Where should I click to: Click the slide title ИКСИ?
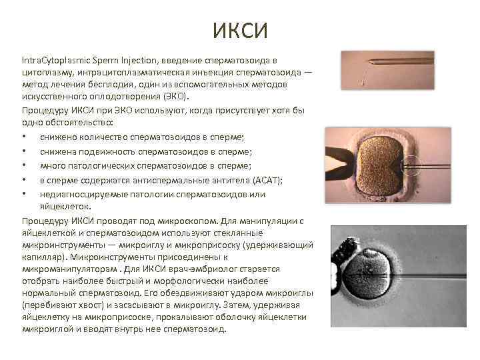point(240,30)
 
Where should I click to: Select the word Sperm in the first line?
point(106,61)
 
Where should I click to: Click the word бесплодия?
point(134,85)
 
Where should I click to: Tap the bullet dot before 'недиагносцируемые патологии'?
point(24,195)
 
